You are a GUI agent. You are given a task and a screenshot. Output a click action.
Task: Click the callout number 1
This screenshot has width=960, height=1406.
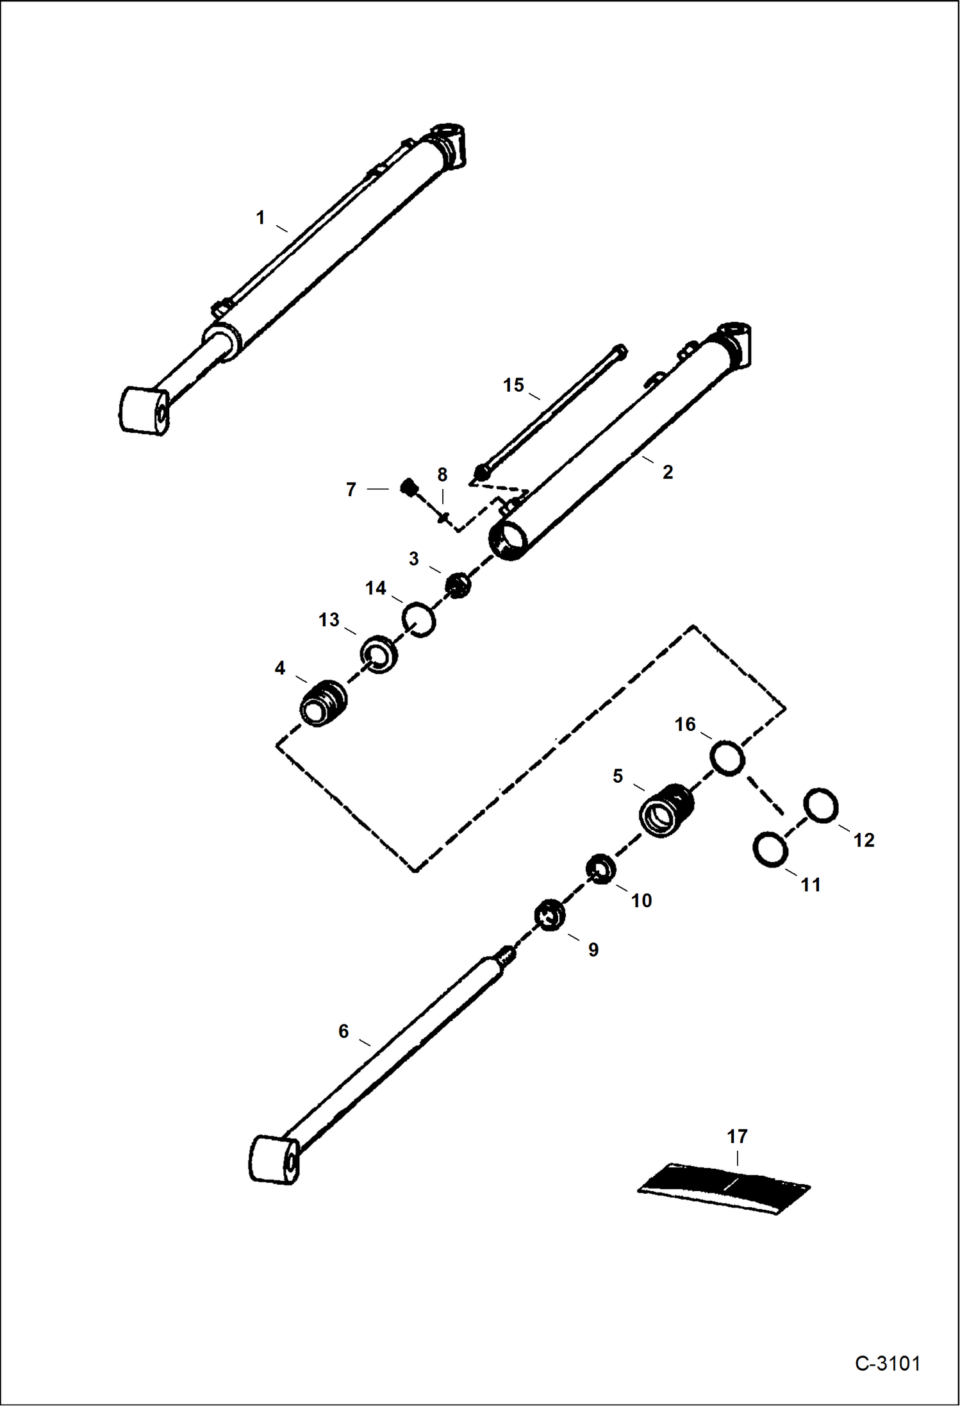(260, 218)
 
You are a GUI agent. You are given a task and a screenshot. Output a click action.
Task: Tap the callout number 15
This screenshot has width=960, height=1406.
(513, 385)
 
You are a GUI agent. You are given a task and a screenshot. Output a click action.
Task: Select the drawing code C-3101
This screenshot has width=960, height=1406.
(887, 1363)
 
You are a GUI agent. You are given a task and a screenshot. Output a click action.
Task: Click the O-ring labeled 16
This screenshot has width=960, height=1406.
(727, 758)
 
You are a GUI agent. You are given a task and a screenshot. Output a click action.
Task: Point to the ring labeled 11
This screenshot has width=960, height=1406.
(770, 850)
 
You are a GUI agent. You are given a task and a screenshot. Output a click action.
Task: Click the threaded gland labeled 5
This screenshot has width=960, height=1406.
(666, 811)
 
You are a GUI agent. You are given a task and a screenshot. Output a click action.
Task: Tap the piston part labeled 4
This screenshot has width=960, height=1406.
(324, 703)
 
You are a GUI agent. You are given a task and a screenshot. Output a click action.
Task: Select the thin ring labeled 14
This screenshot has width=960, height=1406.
(419, 619)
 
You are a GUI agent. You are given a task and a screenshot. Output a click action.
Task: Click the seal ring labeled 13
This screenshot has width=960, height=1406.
(379, 655)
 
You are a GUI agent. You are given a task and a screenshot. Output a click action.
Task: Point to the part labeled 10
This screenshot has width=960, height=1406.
(602, 869)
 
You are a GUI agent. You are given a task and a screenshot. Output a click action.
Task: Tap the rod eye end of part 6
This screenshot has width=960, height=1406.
(274, 1160)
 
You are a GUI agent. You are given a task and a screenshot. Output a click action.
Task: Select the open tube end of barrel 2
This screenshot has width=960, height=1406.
(508, 540)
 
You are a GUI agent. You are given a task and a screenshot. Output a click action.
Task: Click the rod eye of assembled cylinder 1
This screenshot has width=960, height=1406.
(145, 411)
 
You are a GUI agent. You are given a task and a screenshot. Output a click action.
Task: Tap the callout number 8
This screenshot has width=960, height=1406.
(442, 475)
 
